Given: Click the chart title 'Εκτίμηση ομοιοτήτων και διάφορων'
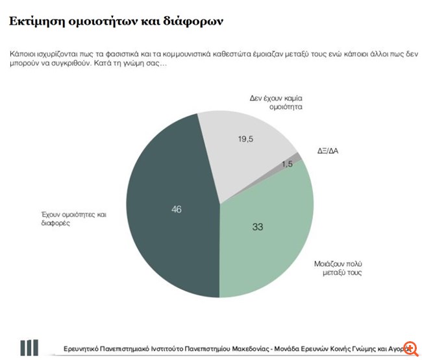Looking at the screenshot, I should (x=116, y=21).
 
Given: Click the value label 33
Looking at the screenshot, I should (x=258, y=226).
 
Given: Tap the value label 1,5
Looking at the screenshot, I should (x=286, y=164).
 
